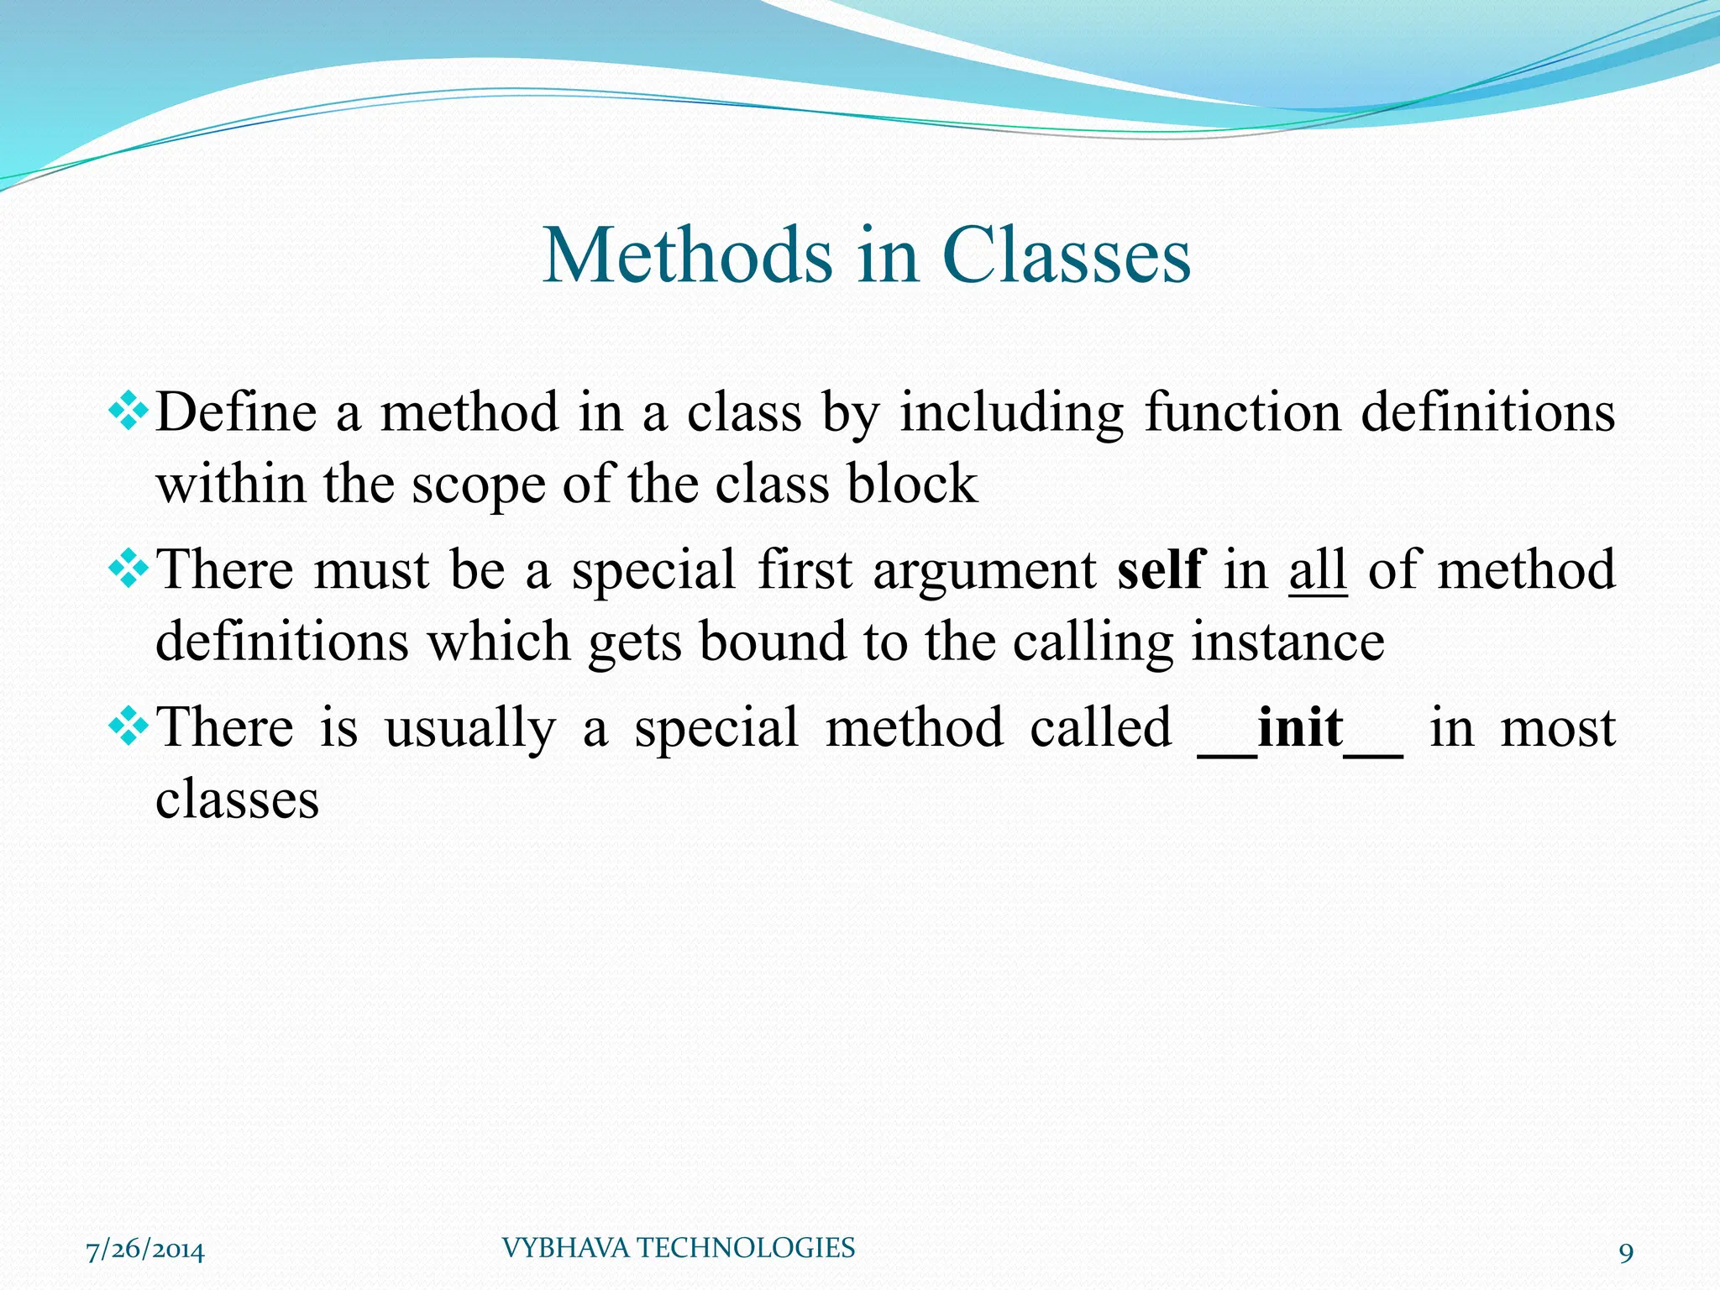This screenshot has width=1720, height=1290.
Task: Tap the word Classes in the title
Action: pyautogui.click(x=1066, y=255)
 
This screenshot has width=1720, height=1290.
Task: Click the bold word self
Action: pyautogui.click(x=1161, y=569)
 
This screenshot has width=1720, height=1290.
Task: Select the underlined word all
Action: pyautogui.click(x=1318, y=569)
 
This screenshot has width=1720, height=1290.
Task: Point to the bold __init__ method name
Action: pyautogui.click(x=1299, y=727)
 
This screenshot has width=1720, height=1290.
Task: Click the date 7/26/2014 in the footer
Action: pyautogui.click(x=145, y=1250)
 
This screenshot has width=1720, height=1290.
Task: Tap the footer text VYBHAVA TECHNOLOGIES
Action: pyautogui.click(x=678, y=1248)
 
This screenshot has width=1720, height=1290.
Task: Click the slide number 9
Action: pyautogui.click(x=1626, y=1253)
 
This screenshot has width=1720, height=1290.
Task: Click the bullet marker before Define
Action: pyautogui.click(x=128, y=412)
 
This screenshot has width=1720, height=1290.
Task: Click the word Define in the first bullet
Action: pyautogui.click(x=237, y=412)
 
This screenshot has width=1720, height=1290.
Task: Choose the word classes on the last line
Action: pyautogui.click(x=238, y=800)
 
